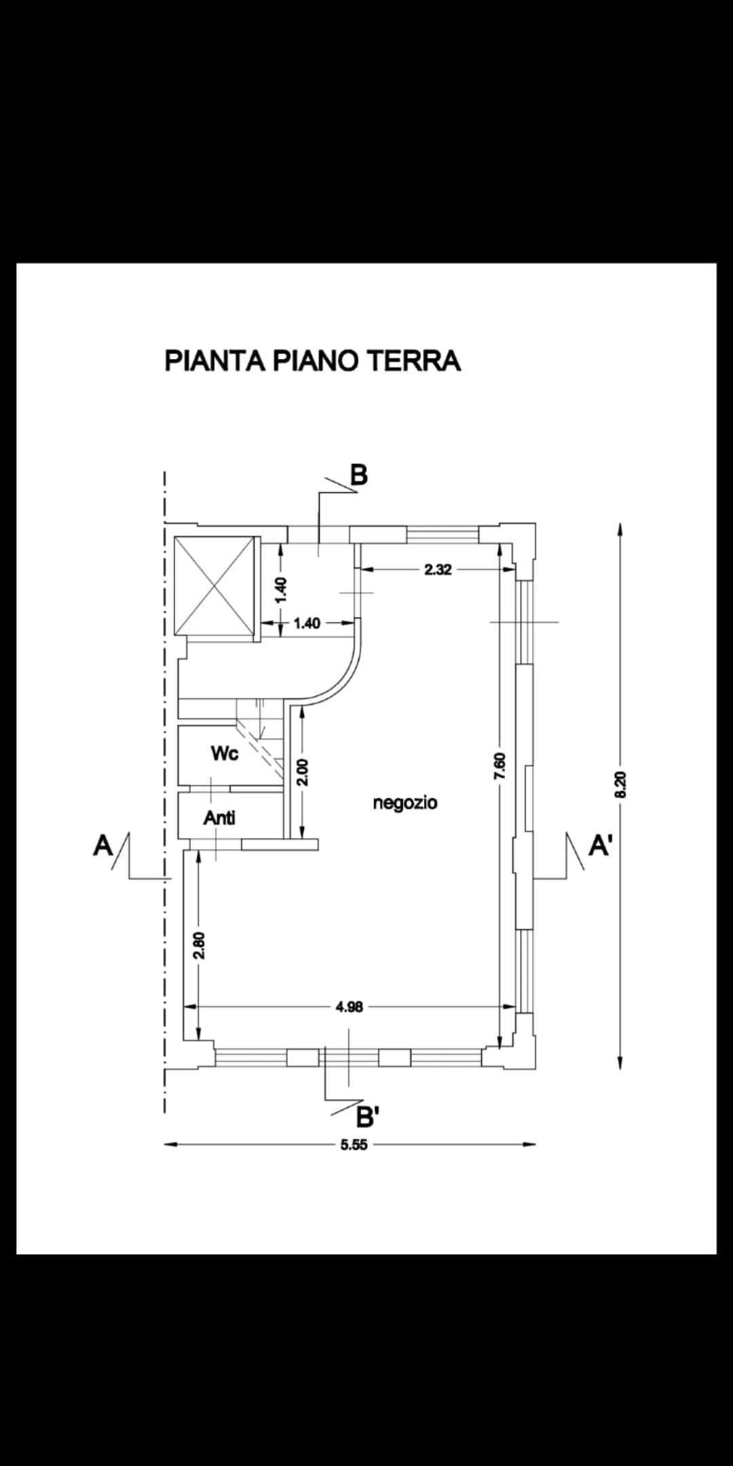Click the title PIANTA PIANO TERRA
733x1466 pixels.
tap(313, 360)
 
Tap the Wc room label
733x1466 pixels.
tap(225, 753)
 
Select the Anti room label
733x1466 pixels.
tap(219, 818)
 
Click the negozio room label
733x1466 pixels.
tap(405, 803)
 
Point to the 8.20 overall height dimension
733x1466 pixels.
tap(620, 785)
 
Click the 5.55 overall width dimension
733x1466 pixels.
tap(354, 1145)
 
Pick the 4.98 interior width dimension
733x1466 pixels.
tap(350, 1007)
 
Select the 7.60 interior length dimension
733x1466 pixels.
tap(501, 766)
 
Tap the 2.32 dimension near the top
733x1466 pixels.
tap(438, 570)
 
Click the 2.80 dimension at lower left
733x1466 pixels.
tap(199, 945)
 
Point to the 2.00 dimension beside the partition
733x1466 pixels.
tap(303, 772)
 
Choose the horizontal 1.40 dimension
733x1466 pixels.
tap(307, 623)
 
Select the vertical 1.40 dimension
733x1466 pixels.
tap(282, 589)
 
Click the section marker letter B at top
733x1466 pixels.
tap(358, 475)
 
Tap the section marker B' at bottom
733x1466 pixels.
tap(367, 1116)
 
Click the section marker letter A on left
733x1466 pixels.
tap(102, 846)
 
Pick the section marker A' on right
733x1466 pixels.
tap(600, 846)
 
